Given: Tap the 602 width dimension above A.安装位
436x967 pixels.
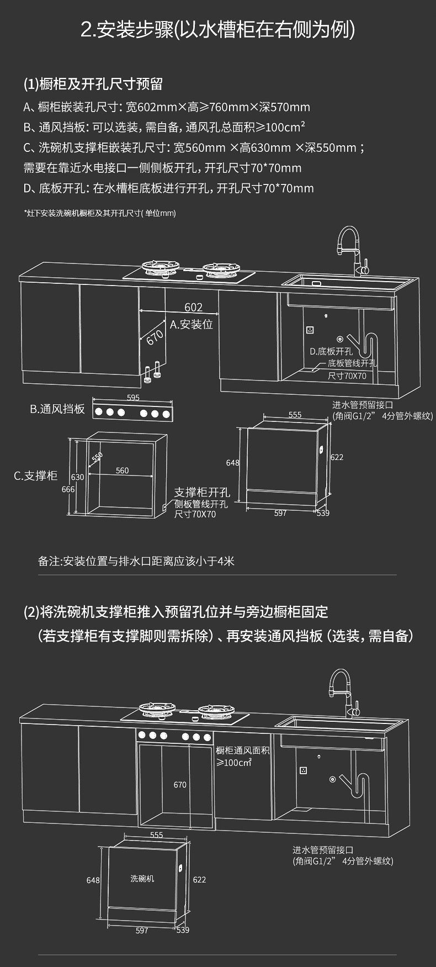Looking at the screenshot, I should (x=193, y=307).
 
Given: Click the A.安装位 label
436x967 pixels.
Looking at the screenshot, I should (x=192, y=324).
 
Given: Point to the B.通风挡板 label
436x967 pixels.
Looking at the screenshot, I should (x=57, y=409).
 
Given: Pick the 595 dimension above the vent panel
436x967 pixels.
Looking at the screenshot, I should (x=133, y=398).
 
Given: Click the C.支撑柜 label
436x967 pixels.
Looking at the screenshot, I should (x=36, y=475).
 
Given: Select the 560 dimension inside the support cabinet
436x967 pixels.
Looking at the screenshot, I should (x=122, y=471).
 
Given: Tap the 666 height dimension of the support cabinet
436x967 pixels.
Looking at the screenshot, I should (x=68, y=489).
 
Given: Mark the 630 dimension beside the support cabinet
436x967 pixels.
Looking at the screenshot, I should (x=78, y=477).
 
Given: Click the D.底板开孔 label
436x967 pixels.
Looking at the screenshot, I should (x=331, y=351).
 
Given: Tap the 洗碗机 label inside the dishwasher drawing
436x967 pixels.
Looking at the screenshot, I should (x=142, y=878).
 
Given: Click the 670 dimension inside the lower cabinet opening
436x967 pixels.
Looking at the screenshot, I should (x=180, y=784).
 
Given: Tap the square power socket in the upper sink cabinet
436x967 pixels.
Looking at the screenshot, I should (x=310, y=330).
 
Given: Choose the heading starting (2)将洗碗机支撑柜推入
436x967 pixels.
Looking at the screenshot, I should (x=176, y=612).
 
